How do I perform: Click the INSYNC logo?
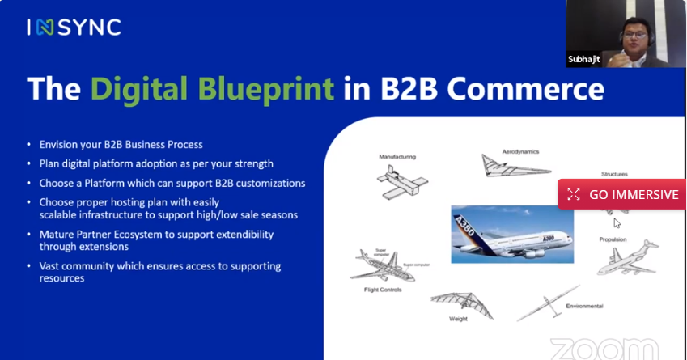click(x=74, y=27)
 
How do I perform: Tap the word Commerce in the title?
click(x=535, y=87)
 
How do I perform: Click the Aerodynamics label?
click(x=519, y=151)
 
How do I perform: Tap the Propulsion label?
click(x=613, y=239)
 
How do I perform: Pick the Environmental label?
click(x=584, y=306)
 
